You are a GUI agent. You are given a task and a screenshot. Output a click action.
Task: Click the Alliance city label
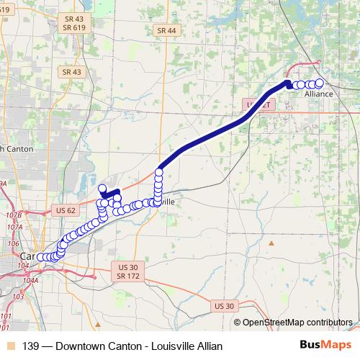319,94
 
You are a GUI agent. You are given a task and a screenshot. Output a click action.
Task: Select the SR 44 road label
166,30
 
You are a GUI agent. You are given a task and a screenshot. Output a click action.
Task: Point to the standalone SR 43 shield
71,72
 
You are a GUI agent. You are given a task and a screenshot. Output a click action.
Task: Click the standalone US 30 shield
224,306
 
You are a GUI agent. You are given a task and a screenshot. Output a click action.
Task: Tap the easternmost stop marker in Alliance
320,81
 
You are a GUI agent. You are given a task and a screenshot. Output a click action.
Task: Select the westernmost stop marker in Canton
40,257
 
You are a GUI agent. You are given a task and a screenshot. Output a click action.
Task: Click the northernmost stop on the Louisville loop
102,188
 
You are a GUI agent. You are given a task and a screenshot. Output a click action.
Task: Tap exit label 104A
30,281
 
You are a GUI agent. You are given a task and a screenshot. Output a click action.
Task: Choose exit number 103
18,297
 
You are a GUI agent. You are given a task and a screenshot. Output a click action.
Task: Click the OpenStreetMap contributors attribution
297,322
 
